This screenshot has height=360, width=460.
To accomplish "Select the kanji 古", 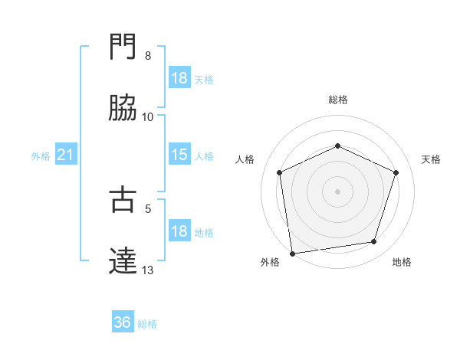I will [x=123, y=200].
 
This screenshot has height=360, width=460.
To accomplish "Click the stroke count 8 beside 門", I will [x=148, y=56].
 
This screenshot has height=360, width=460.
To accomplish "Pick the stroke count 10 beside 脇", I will [x=148, y=116].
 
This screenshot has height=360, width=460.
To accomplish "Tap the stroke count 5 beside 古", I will [x=148, y=208].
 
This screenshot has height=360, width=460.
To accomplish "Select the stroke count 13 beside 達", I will [x=148, y=270].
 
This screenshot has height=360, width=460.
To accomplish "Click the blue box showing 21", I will [x=65, y=155].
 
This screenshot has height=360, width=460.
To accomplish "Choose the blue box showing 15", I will [x=179, y=155].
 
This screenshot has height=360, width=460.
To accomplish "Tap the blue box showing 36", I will [x=123, y=323].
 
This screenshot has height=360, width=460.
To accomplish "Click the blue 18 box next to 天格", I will [x=179, y=78].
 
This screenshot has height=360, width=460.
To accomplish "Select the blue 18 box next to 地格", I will [x=179, y=231].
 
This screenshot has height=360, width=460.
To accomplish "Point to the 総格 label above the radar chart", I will [x=338, y=100].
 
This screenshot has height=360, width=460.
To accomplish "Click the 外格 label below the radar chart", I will [x=270, y=263].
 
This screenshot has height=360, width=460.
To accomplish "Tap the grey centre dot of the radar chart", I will [x=338, y=191].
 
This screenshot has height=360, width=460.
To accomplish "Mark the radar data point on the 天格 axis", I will [x=396, y=172].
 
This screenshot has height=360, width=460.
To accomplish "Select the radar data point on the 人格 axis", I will [x=280, y=172].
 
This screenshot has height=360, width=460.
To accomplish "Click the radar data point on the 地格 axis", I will [x=374, y=242].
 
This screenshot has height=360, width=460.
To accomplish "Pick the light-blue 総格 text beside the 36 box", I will [x=147, y=324].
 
